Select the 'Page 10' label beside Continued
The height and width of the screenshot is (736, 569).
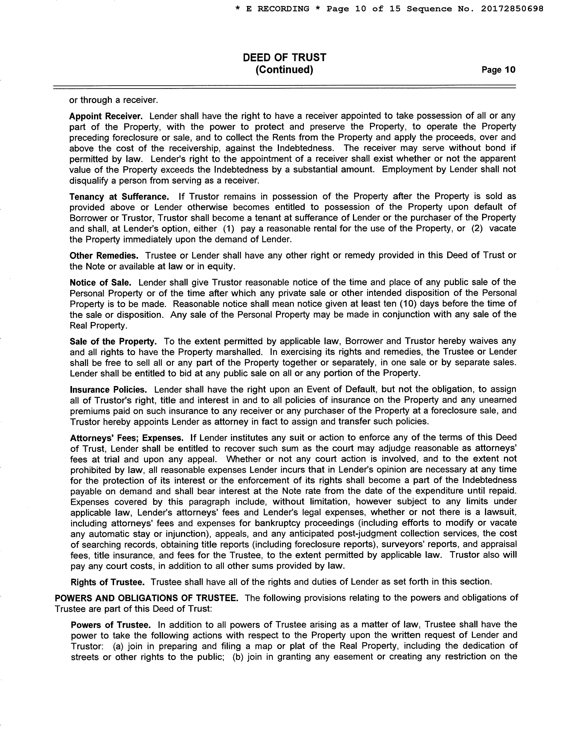coord(498,70)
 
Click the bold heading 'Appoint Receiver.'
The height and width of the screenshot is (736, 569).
coord(106,116)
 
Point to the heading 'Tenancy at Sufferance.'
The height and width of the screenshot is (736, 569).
coord(119,196)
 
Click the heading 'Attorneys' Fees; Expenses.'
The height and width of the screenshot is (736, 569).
coord(127,438)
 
